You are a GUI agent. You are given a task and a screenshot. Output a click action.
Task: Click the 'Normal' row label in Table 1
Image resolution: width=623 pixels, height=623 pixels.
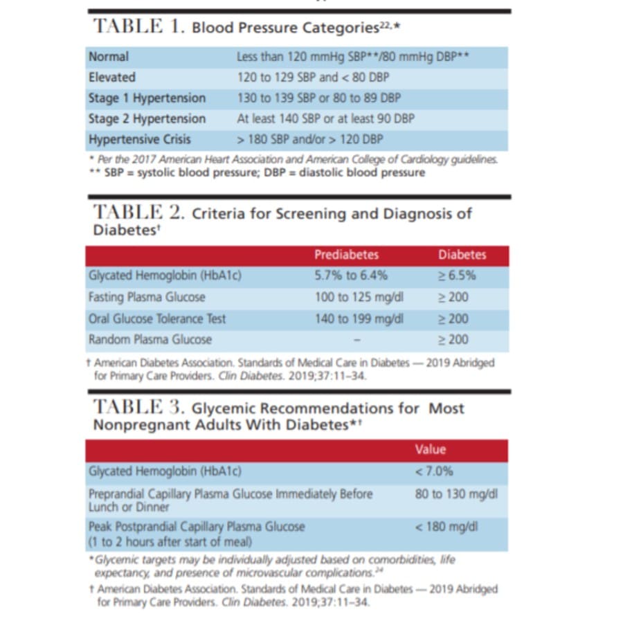(109, 57)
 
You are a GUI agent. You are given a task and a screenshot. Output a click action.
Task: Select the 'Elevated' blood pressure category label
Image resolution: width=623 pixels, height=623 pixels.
(112, 78)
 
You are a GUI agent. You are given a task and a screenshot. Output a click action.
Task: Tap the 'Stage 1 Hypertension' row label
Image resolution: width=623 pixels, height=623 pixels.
(147, 98)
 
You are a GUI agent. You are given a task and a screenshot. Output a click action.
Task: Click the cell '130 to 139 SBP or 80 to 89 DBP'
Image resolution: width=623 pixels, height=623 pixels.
(318, 98)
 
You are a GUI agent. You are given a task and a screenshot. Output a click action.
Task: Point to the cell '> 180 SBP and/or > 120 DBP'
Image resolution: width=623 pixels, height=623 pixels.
(309, 139)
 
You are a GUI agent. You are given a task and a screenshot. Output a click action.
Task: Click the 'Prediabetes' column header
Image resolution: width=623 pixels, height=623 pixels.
(346, 255)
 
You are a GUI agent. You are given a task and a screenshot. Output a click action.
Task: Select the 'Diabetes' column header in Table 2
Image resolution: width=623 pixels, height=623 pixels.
(462, 255)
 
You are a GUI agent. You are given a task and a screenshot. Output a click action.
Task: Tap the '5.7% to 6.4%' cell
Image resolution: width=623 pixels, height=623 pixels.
(351, 276)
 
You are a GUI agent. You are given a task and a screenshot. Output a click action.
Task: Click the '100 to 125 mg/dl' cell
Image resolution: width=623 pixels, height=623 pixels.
(359, 298)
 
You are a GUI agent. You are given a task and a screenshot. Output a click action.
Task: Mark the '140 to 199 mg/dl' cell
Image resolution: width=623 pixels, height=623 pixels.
(359, 319)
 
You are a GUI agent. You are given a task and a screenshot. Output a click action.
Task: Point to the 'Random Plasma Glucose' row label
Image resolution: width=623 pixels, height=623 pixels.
(150, 340)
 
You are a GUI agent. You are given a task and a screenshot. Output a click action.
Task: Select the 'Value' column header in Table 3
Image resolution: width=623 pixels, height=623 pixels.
(431, 449)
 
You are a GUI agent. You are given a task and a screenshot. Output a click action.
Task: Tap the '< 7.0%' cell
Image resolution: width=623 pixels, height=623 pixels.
(434, 471)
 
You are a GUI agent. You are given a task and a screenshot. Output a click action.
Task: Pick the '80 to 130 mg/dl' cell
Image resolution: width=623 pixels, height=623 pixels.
(456, 494)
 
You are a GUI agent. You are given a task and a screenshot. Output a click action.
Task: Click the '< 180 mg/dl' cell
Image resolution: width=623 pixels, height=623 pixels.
(446, 527)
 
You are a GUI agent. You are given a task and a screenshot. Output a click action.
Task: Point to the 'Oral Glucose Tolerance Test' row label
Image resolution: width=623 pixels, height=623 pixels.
(157, 319)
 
